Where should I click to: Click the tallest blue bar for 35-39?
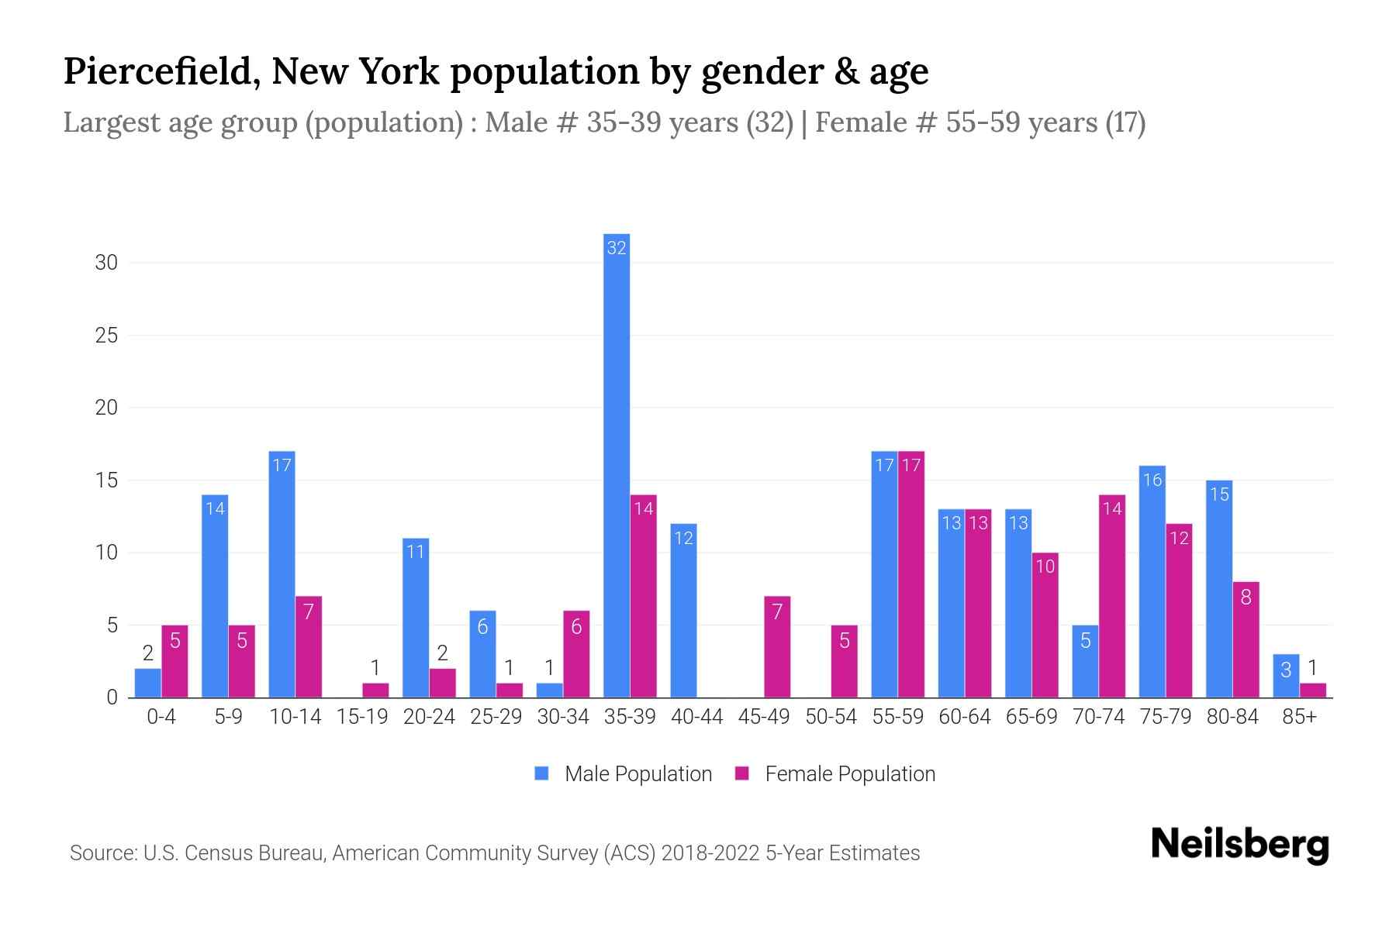(x=617, y=465)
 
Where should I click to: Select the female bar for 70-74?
(x=1112, y=597)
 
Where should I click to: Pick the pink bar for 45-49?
(x=777, y=647)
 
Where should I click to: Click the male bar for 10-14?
(x=282, y=574)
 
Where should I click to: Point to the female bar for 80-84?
(x=1246, y=640)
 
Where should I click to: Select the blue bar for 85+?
(x=1286, y=677)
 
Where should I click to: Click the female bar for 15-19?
(x=375, y=691)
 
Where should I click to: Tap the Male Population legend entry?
(x=623, y=774)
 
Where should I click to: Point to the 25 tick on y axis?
(x=106, y=336)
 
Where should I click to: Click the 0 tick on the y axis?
(x=112, y=697)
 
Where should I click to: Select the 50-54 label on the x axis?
(x=831, y=717)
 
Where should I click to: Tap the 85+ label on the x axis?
(x=1299, y=717)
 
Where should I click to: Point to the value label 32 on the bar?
(x=617, y=248)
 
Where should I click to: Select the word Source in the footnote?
(x=101, y=853)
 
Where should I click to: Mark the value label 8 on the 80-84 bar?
(x=1246, y=598)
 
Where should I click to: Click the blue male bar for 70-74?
(x=1085, y=662)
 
